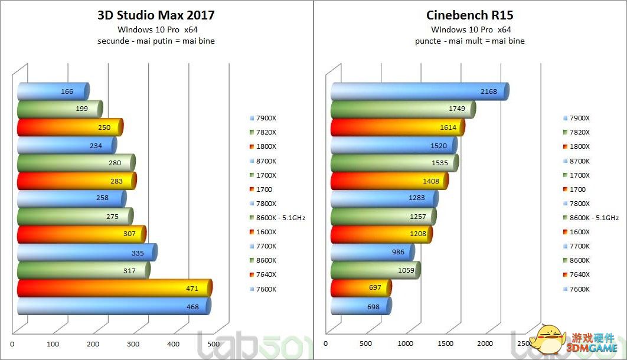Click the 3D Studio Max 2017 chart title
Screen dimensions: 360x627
pos(156,15)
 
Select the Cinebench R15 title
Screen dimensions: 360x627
pos(470,15)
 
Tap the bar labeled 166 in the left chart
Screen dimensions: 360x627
pos(53,91)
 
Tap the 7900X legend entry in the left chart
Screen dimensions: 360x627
pos(264,118)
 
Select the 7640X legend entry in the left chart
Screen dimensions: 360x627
pos(264,274)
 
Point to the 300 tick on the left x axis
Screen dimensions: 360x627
pos(134,343)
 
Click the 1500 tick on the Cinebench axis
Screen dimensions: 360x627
pos(446,343)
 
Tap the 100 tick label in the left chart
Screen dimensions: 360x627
pos(53,343)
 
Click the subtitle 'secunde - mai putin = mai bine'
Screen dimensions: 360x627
pos(156,41)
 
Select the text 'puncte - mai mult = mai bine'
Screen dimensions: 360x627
pos(470,41)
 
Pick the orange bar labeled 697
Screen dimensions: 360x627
pos(360,289)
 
